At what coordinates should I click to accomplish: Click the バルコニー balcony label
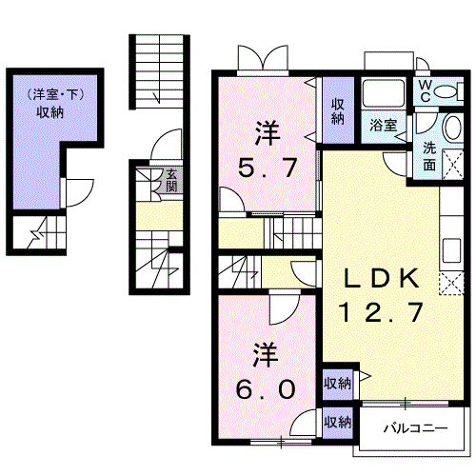[415, 427]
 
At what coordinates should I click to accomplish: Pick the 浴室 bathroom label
[384, 125]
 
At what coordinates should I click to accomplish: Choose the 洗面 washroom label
[430, 155]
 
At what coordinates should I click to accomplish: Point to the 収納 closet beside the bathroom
[338, 111]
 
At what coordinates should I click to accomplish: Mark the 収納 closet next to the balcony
[337, 420]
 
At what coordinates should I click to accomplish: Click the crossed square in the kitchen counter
[450, 283]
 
